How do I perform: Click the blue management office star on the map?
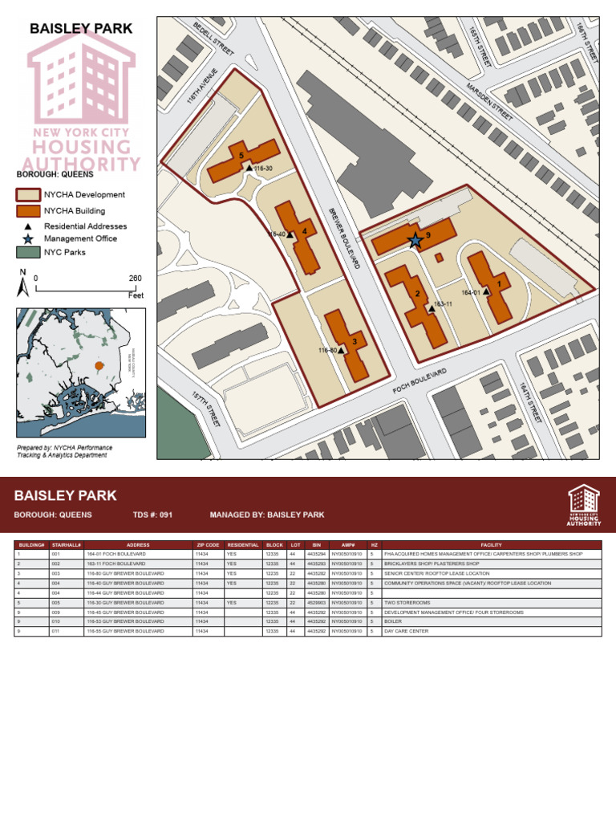415,240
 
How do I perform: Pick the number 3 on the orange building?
354,341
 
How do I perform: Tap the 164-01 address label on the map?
471,293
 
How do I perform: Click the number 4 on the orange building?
304,233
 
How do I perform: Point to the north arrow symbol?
24,283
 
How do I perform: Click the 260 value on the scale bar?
135,279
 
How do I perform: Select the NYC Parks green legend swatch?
28,252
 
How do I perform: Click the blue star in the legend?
28,238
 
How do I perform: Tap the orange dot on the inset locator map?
99,365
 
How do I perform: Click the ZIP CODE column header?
208,545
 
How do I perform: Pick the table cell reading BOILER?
393,621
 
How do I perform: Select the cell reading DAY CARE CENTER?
406,631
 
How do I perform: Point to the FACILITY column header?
491,545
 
